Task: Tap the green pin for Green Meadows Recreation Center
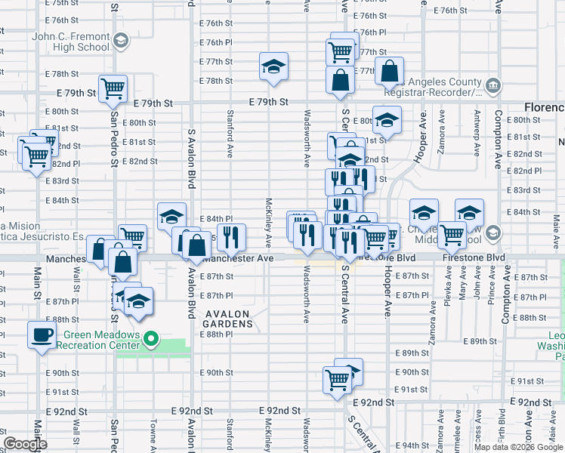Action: click(150, 341)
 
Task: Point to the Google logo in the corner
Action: click(25, 444)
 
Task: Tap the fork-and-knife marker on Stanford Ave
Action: click(231, 236)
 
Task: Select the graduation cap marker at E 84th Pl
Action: click(171, 215)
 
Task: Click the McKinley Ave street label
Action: click(269, 223)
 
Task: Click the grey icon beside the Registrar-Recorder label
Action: click(492, 85)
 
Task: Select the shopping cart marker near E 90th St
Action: click(337, 379)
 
